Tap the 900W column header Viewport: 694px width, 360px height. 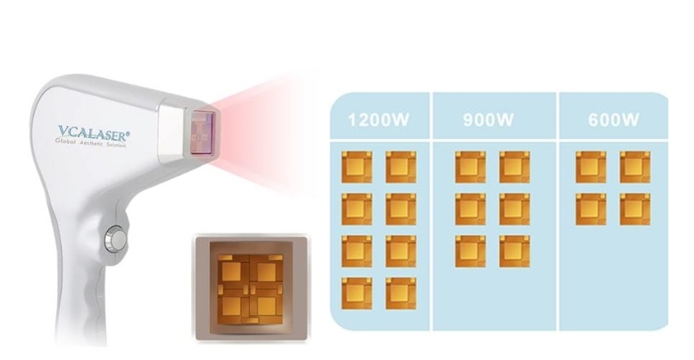pos(488,121)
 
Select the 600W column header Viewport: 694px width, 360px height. pos(613,121)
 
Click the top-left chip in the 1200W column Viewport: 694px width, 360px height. pos(356,167)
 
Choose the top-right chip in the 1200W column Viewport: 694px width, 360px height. pos(400,167)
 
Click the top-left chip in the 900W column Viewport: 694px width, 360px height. pos(470,167)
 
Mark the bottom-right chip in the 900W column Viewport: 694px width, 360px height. pos(514,251)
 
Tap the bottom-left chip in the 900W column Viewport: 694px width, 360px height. pos(470,251)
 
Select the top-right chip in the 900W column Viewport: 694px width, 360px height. pos(514,167)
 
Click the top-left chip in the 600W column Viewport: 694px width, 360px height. pos(590,167)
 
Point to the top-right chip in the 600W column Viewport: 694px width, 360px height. pos(635,167)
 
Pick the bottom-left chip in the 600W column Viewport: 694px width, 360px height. pos(590,209)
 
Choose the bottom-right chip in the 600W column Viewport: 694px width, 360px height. pos(635,209)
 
